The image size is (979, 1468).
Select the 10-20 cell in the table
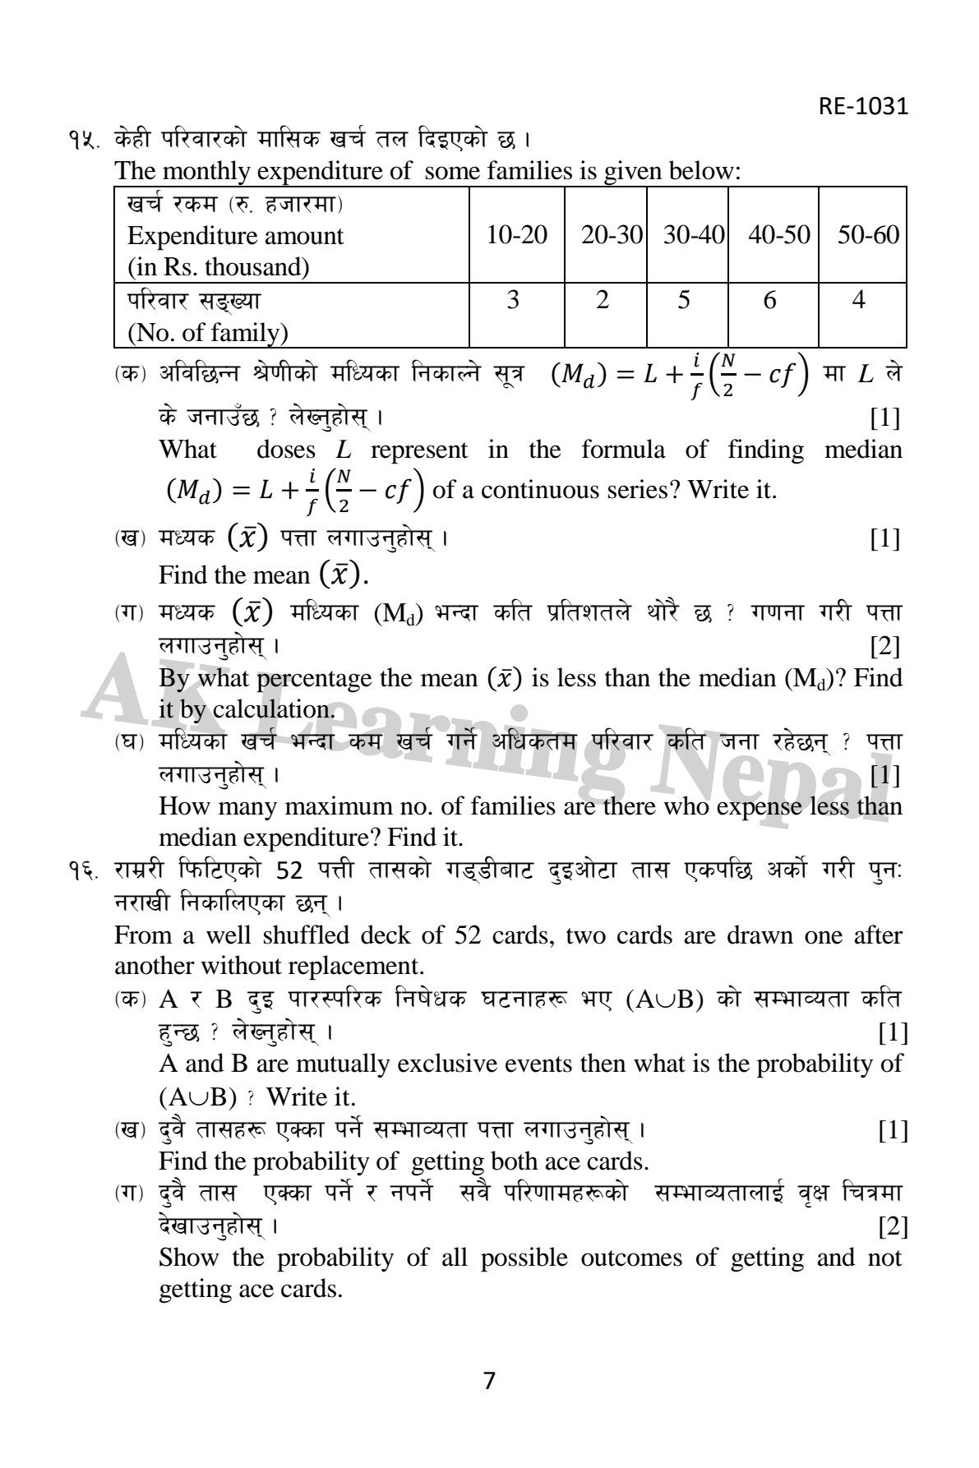[x=516, y=235]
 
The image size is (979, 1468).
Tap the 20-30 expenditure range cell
[x=611, y=235]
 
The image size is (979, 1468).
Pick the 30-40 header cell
[x=694, y=235]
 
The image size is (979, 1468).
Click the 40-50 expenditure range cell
[x=778, y=235]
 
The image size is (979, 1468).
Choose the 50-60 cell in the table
[x=867, y=235]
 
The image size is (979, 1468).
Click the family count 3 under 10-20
[x=513, y=300]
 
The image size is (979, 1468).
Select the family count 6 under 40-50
[x=769, y=300]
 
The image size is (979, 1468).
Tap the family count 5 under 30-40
[x=684, y=300]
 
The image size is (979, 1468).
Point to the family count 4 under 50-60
[x=858, y=300]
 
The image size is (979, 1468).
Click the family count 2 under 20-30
[x=603, y=300]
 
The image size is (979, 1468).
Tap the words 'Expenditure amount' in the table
[x=235, y=236]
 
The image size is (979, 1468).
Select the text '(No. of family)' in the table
[x=207, y=333]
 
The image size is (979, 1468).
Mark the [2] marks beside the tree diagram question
[x=893, y=1227]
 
